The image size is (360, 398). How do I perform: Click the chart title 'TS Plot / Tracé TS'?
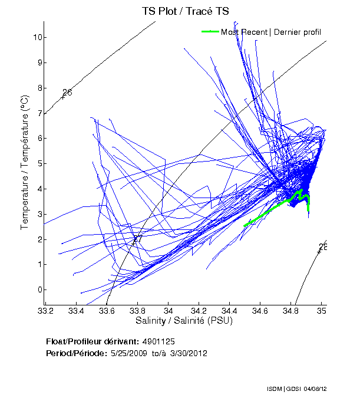185,11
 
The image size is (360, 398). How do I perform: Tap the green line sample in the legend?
210,31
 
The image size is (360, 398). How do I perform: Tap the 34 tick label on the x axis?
169,310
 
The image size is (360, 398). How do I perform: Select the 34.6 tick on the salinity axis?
260,310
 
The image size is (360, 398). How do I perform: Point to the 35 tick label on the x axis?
321,310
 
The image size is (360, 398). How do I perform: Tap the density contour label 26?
67,93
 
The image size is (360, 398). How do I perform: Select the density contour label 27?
137,239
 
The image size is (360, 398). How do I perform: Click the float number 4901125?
158,341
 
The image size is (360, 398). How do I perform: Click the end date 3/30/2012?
187,353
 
